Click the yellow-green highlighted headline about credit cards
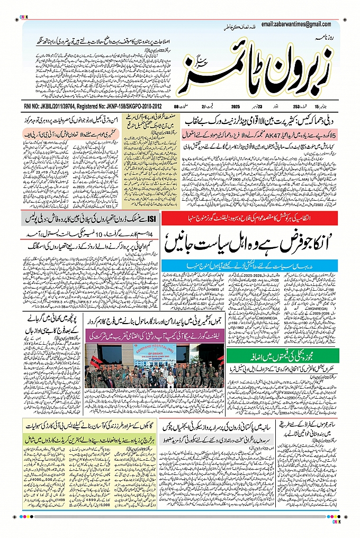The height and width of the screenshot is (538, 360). (x=85, y=439)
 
